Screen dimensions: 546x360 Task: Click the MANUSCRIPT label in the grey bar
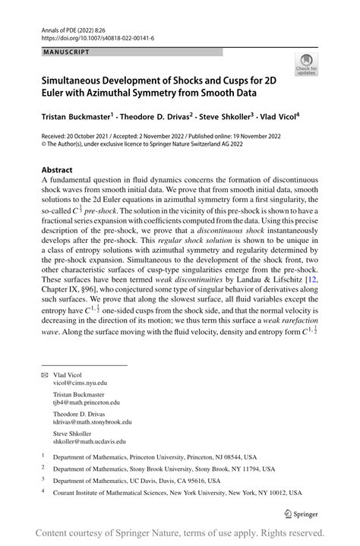click(x=66, y=52)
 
